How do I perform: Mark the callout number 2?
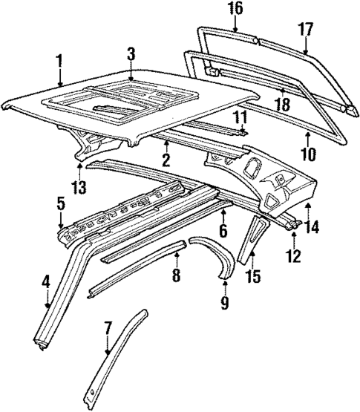pyautogui.click(x=166, y=160)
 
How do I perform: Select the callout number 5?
pyautogui.click(x=61, y=202)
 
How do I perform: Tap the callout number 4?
pyautogui.click(x=47, y=282)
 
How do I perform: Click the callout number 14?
pyautogui.click(x=312, y=228)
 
